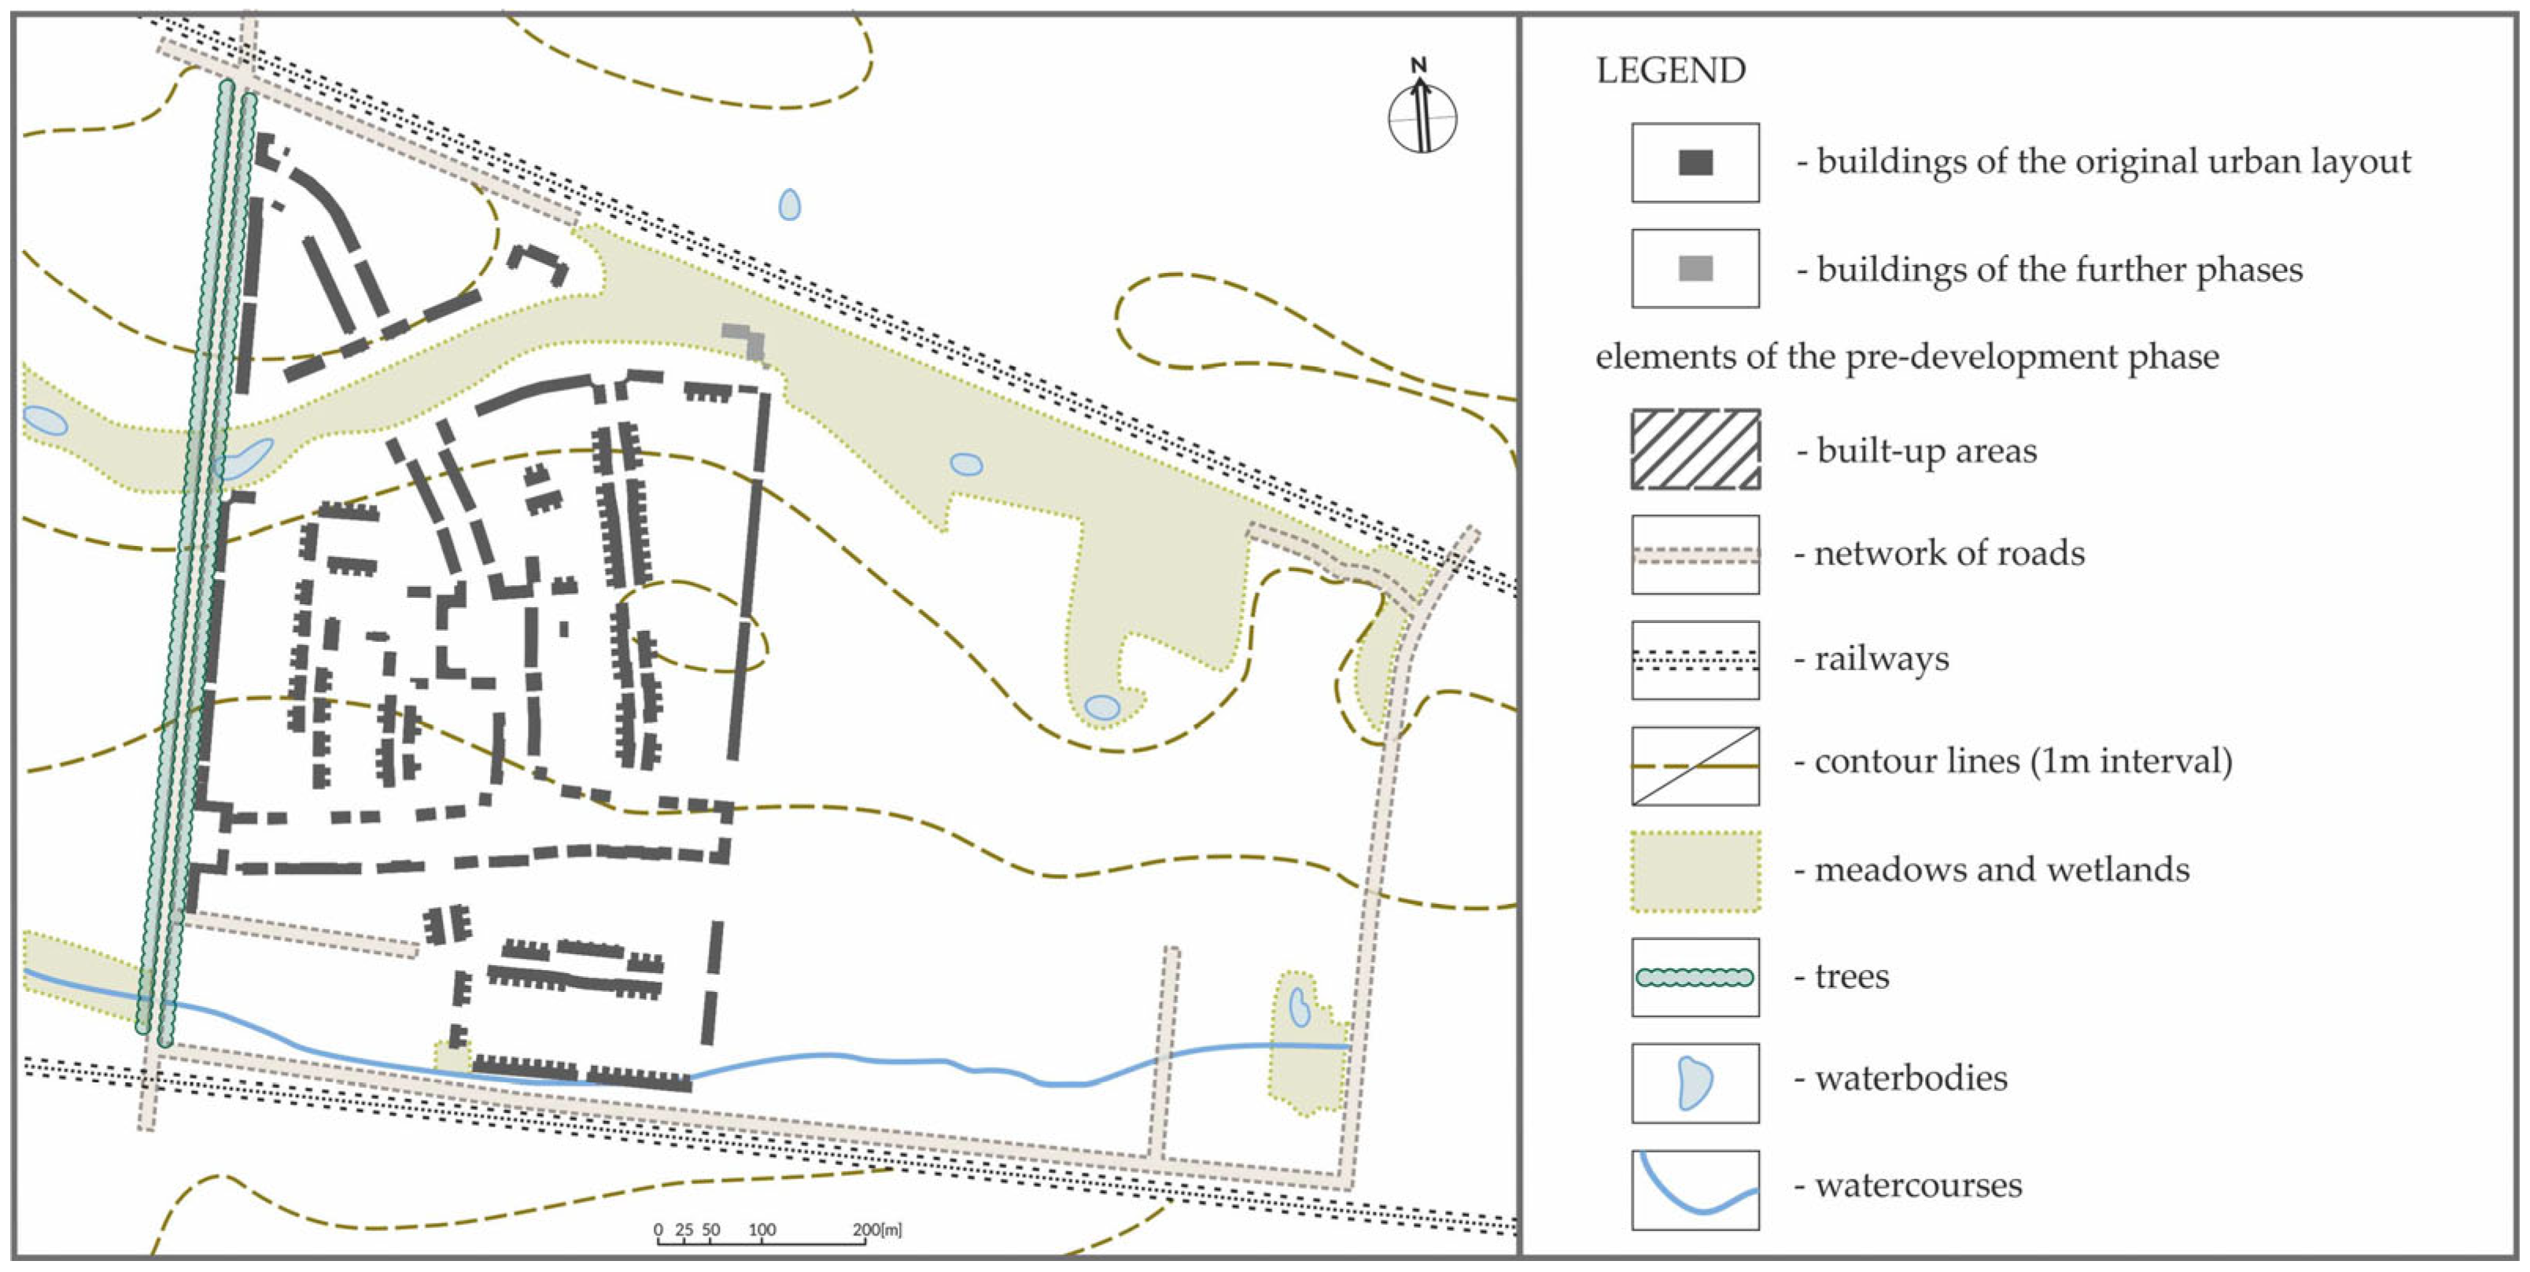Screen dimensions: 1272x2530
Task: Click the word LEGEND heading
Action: point(1671,71)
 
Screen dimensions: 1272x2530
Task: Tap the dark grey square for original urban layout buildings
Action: point(1695,163)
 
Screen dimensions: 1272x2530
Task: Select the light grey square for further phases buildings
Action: point(1695,268)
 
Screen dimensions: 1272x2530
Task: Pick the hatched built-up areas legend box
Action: point(1695,449)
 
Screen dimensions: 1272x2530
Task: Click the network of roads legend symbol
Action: point(1695,555)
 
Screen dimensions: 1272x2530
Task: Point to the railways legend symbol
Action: point(1695,660)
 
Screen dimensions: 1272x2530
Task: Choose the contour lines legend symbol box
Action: point(1695,766)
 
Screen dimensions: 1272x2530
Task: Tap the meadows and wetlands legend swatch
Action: point(1695,872)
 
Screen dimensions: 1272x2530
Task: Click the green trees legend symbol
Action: point(1695,977)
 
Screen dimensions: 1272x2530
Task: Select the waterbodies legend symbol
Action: point(1695,1083)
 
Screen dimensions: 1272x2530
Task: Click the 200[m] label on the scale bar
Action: point(876,1229)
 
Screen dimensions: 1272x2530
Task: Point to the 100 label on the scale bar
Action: point(762,1229)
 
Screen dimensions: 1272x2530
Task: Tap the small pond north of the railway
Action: point(789,205)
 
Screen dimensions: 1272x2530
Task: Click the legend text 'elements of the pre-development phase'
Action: point(1906,356)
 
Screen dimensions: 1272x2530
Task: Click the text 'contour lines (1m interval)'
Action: point(2023,761)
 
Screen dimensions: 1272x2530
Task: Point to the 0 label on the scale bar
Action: point(658,1229)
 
